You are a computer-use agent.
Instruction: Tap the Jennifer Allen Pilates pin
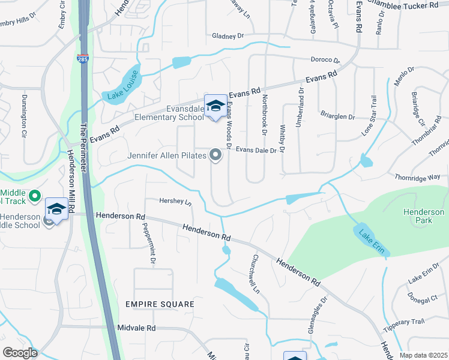215,157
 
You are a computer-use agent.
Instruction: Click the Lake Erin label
371,241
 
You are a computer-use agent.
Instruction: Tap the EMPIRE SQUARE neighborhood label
160,304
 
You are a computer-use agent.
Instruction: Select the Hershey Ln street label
175,202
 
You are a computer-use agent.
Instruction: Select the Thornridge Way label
418,177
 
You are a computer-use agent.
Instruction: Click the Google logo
19,353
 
